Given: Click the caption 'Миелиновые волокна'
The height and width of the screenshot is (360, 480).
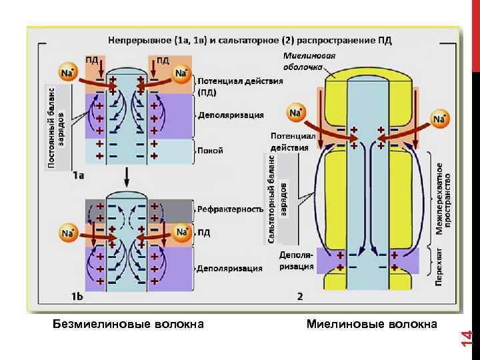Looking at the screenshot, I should click(372, 325).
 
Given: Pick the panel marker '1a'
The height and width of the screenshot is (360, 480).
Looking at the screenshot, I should click(79, 175).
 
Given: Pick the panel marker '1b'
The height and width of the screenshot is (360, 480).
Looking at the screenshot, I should click(78, 295).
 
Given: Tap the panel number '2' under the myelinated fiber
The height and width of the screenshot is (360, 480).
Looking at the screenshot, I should click(300, 295).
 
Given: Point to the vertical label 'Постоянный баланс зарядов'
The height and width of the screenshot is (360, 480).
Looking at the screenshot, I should click(55, 127).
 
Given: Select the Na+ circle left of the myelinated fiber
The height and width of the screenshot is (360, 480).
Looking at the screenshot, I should click(295, 113).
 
